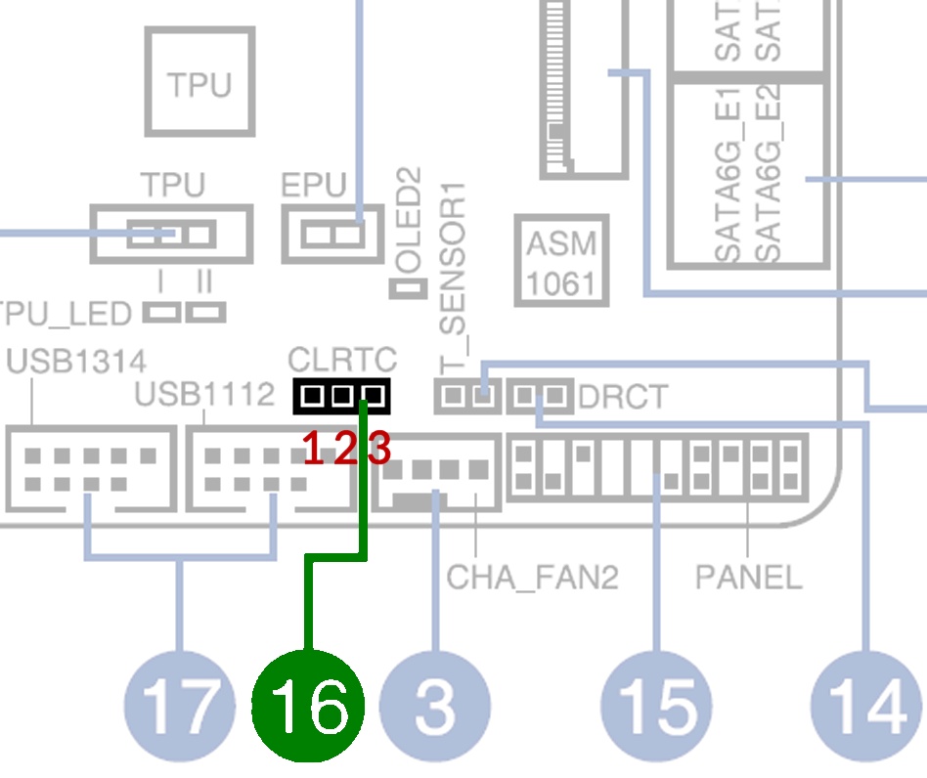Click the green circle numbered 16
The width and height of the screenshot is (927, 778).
307,706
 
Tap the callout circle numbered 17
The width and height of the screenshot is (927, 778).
180,706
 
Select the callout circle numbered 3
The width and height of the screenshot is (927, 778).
435,706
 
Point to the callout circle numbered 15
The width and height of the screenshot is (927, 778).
656,706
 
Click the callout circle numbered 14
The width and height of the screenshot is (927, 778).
866,706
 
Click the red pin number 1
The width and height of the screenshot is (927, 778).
313,448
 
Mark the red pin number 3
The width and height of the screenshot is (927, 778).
379,448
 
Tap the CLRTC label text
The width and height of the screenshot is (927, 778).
342,359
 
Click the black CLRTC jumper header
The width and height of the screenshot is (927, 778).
341,396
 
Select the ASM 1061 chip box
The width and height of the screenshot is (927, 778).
561,261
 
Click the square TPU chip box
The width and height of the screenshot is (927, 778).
199,81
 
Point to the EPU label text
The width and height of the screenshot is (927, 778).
313,185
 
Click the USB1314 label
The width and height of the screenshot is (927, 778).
76,361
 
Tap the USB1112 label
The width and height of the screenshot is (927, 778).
204,394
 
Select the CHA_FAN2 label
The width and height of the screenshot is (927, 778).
532,578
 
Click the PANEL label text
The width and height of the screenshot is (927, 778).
748,578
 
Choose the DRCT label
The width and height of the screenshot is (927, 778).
623,397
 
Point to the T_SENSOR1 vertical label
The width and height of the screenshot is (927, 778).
453,278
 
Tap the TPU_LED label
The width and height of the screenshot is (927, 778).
66,314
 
